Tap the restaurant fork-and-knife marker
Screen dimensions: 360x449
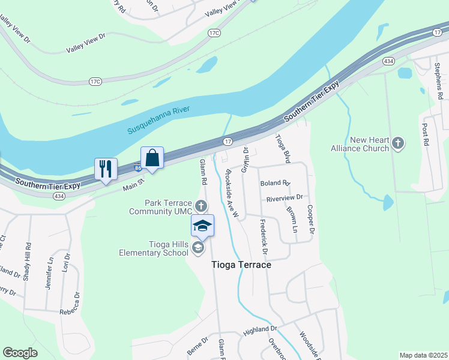106,169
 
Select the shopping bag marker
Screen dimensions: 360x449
152,158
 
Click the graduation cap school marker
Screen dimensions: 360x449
202,226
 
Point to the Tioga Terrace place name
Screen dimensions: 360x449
241,265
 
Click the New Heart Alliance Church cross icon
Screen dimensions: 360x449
397,143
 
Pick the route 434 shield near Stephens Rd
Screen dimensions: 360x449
388,61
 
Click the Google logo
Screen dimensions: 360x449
20,352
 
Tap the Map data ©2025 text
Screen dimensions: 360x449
423,355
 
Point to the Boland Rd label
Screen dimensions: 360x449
275,183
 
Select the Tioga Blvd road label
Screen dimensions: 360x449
282,148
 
